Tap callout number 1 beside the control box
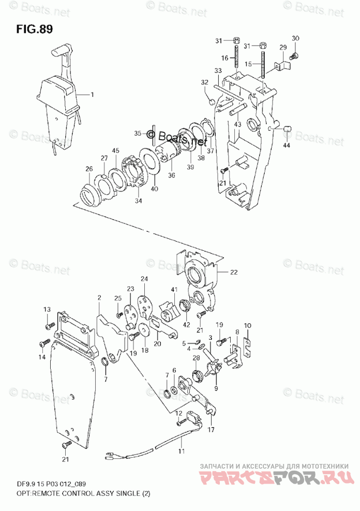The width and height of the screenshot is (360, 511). click(x=93, y=95)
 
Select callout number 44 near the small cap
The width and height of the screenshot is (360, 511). click(x=288, y=145)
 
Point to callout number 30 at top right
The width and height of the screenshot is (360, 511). click(x=295, y=38)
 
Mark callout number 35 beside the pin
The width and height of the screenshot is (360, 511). click(x=138, y=133)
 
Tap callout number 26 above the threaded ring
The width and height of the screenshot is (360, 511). click(x=89, y=169)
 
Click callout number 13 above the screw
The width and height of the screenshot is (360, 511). click(x=47, y=309)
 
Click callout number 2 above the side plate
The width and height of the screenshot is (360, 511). click(x=99, y=298)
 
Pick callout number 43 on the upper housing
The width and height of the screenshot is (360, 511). click(x=237, y=125)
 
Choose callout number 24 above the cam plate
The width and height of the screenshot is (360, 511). click(x=144, y=279)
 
